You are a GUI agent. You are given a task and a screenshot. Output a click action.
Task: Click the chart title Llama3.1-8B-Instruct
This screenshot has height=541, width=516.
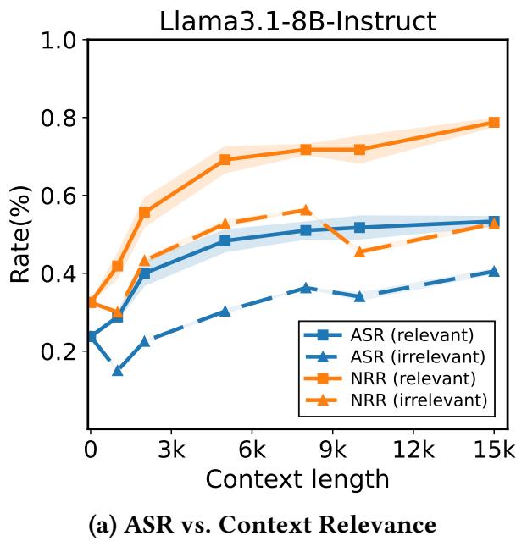point(297,19)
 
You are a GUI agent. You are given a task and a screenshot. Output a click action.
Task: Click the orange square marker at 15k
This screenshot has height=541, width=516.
point(494,123)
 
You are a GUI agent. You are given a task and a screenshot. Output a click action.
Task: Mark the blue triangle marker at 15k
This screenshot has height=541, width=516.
point(494,271)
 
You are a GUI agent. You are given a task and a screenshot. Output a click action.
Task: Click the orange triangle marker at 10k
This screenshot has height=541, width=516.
point(359,251)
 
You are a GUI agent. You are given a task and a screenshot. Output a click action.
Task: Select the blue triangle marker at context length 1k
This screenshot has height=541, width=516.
point(118,370)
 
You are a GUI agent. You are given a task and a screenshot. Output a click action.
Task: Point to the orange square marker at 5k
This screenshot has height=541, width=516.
point(225,159)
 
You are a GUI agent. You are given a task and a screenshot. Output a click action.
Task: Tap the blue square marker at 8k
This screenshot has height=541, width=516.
point(306,230)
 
